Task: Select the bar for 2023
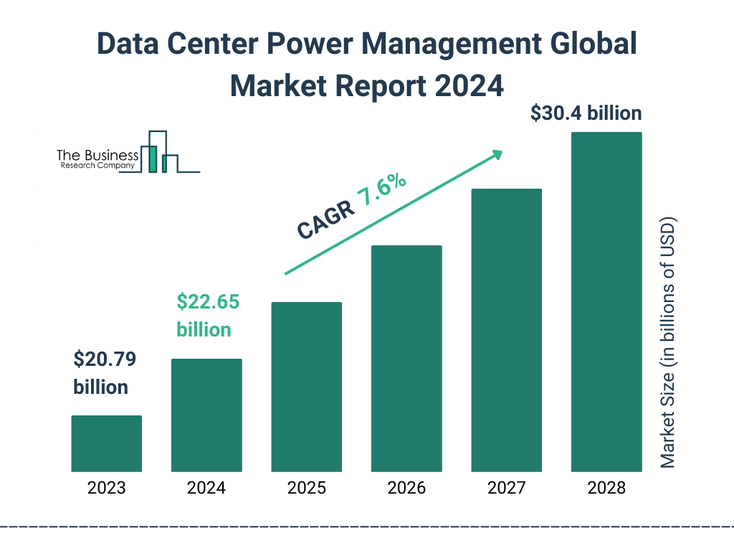coord(106,443)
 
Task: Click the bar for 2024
coord(206,415)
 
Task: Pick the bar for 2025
coord(306,387)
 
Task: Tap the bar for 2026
coord(406,359)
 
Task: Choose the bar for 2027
coord(506,330)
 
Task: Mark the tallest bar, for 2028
coord(606,301)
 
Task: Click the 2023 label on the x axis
coord(106,489)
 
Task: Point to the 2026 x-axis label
coord(406,489)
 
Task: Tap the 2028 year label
coord(606,489)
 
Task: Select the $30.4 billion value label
coord(586,113)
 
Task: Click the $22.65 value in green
coord(208,302)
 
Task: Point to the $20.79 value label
coord(105,359)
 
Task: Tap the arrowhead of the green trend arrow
coord(496,154)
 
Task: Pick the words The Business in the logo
coord(97,156)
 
